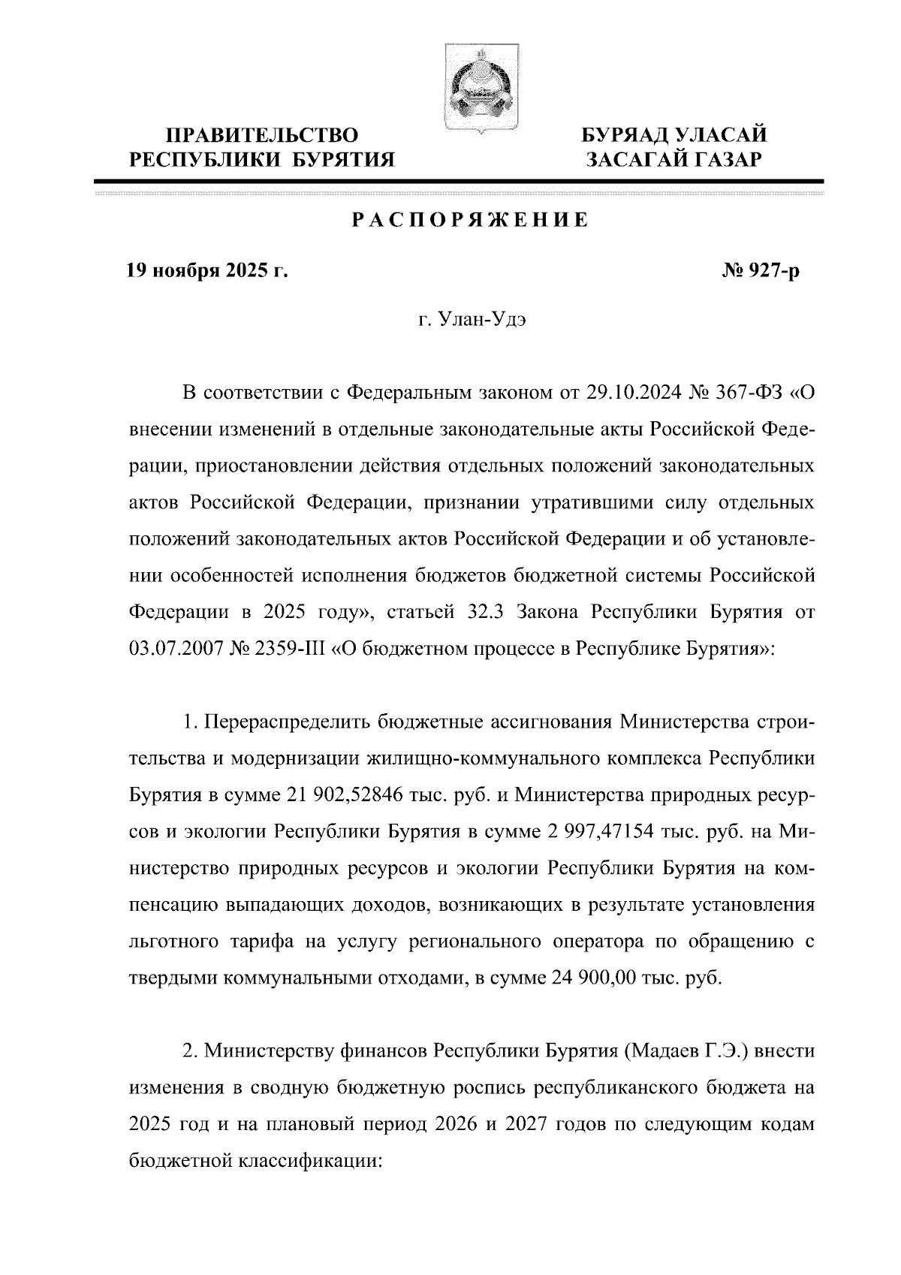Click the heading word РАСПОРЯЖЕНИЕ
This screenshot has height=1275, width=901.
pos(471,221)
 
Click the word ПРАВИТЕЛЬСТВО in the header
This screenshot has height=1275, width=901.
pos(262,136)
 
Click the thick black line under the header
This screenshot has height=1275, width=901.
pos(459,181)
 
